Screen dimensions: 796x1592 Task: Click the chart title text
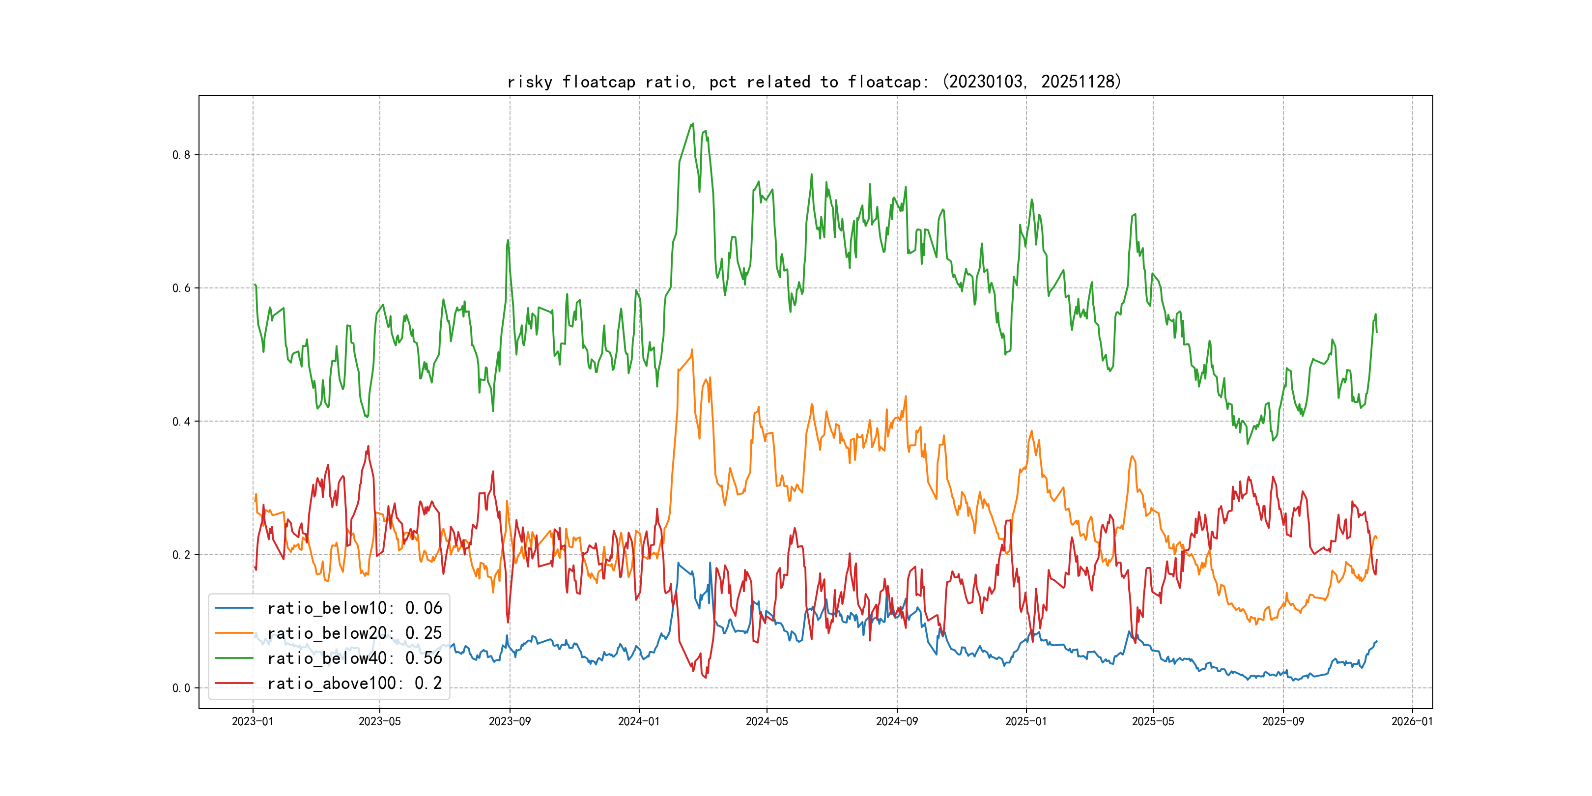[x=814, y=82]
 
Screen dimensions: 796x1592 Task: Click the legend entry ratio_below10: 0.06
[x=354, y=608]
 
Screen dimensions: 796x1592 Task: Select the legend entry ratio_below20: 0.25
[x=354, y=633]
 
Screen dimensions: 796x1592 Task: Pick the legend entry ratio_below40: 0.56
[x=354, y=658]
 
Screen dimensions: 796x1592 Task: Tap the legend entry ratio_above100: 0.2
[x=354, y=683]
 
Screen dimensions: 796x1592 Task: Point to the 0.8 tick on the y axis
[x=181, y=155]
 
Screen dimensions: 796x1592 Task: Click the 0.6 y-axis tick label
[x=181, y=288]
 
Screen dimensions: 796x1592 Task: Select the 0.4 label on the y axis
[x=181, y=422]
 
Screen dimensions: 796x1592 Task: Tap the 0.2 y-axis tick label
[x=181, y=555]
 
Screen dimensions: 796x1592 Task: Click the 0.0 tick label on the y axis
[x=181, y=688]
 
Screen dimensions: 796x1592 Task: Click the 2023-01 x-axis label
[x=252, y=721]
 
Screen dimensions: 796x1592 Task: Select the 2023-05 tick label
[x=379, y=721]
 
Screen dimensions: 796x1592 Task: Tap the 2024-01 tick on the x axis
[x=639, y=721]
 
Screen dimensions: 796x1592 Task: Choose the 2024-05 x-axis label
[x=767, y=721]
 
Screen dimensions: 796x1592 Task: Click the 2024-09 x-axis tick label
[x=897, y=721]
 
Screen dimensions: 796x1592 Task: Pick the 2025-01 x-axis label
[x=1026, y=721]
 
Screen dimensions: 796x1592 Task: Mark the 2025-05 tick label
[x=1153, y=721]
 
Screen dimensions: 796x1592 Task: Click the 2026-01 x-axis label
[x=1412, y=721]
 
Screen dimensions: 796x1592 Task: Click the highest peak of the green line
[x=693, y=124]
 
